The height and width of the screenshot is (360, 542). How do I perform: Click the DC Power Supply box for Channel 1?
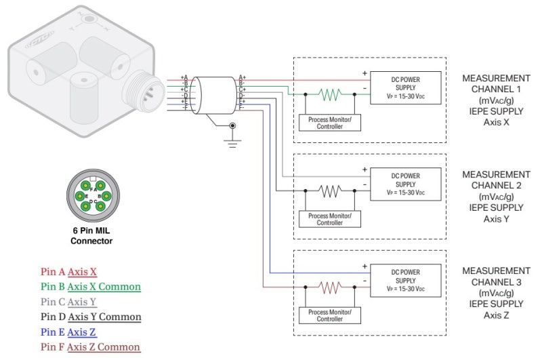(x=405, y=88)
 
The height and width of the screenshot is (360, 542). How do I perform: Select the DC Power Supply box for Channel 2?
(x=405, y=184)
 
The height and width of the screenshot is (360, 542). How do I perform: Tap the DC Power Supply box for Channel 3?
(x=405, y=280)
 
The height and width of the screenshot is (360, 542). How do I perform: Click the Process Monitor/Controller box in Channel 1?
(x=330, y=123)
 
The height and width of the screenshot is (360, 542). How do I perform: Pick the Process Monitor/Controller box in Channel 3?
(x=330, y=315)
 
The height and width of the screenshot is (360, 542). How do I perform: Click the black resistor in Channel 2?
(x=330, y=192)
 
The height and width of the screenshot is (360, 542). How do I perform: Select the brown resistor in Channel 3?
(x=330, y=288)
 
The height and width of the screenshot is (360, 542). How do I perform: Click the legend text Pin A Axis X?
(x=68, y=272)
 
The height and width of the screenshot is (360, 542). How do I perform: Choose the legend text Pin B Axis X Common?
(x=91, y=287)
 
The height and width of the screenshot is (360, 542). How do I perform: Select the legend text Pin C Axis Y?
(x=68, y=302)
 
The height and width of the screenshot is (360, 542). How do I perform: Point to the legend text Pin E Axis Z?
(x=68, y=332)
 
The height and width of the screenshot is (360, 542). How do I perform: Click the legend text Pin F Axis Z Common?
(x=90, y=347)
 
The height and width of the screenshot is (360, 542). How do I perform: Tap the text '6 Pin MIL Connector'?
(x=92, y=235)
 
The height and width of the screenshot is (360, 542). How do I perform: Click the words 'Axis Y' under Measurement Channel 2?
(x=496, y=218)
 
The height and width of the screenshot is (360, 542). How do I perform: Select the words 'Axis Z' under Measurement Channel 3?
(x=496, y=315)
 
